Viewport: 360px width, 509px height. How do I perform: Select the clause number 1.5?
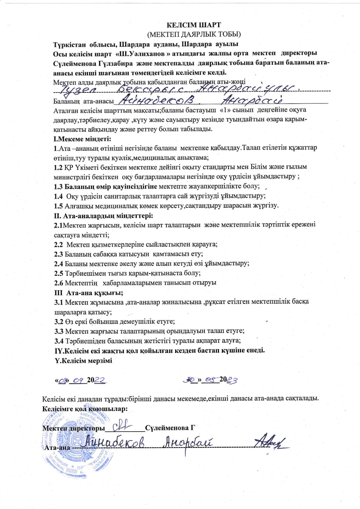[x=58, y=206]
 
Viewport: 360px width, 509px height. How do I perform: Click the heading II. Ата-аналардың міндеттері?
[x=103, y=216]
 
